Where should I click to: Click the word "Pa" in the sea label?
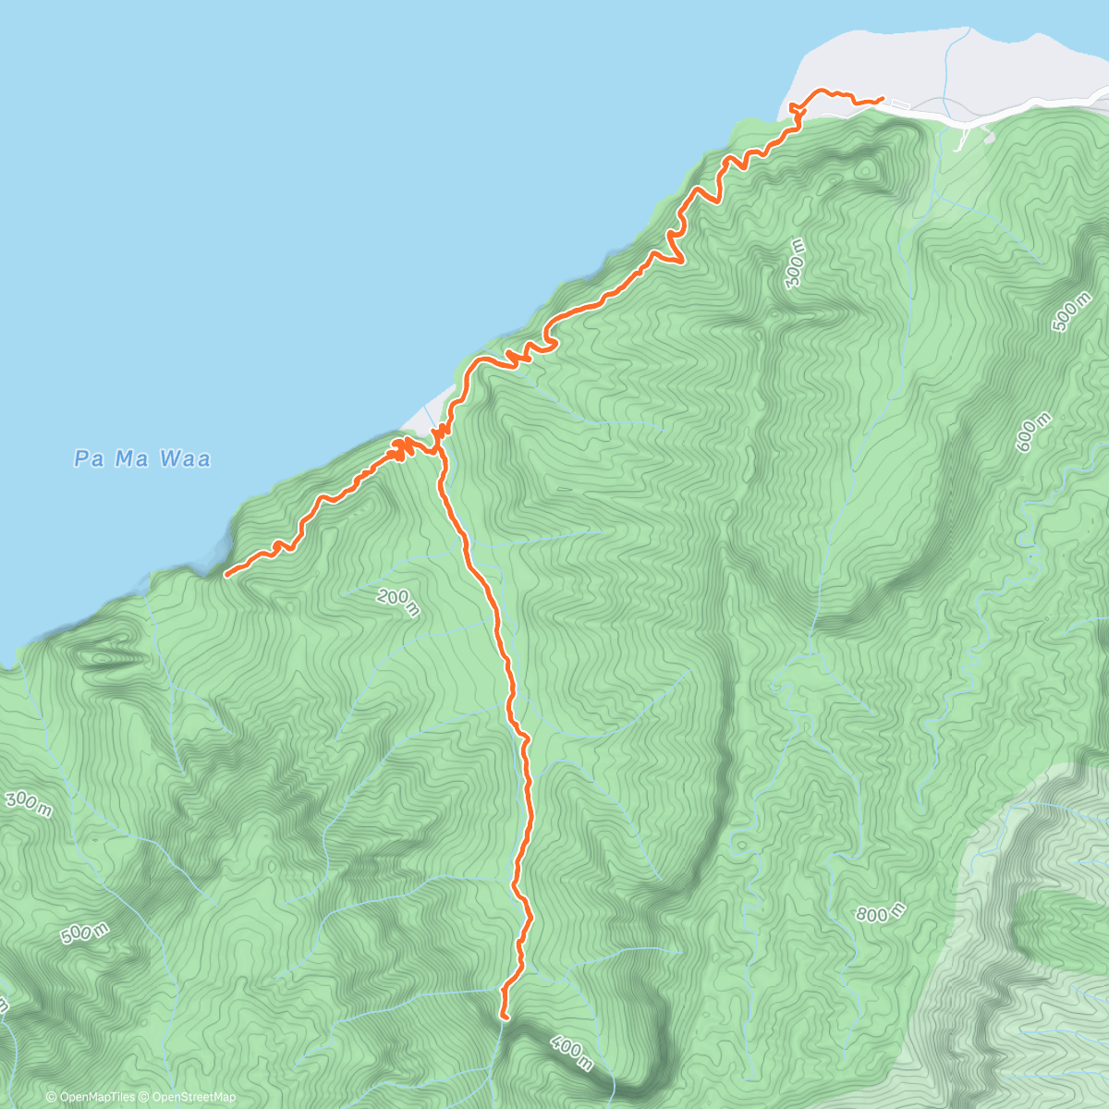[x=89, y=458]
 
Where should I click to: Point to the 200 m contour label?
[x=398, y=603]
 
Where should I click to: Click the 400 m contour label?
[x=570, y=1053]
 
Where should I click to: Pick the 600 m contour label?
[x=1033, y=433]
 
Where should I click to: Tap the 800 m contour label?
[x=879, y=914]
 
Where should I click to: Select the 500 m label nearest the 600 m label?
[x=1071, y=311]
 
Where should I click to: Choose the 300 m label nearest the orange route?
[x=795, y=262]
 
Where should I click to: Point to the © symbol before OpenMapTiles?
[x=52, y=1097]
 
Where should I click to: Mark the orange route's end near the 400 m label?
[x=505, y=1016]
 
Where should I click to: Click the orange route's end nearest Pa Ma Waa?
[x=226, y=575]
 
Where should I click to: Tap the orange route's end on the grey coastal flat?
[x=882, y=98]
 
